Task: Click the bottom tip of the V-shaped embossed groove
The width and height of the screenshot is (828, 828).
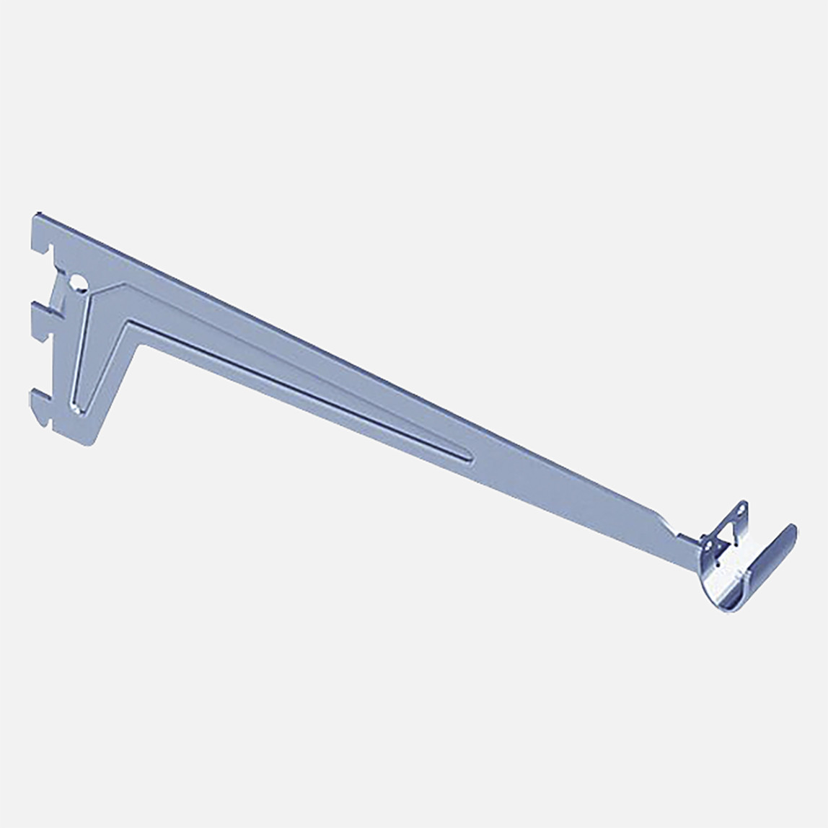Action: [78, 409]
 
